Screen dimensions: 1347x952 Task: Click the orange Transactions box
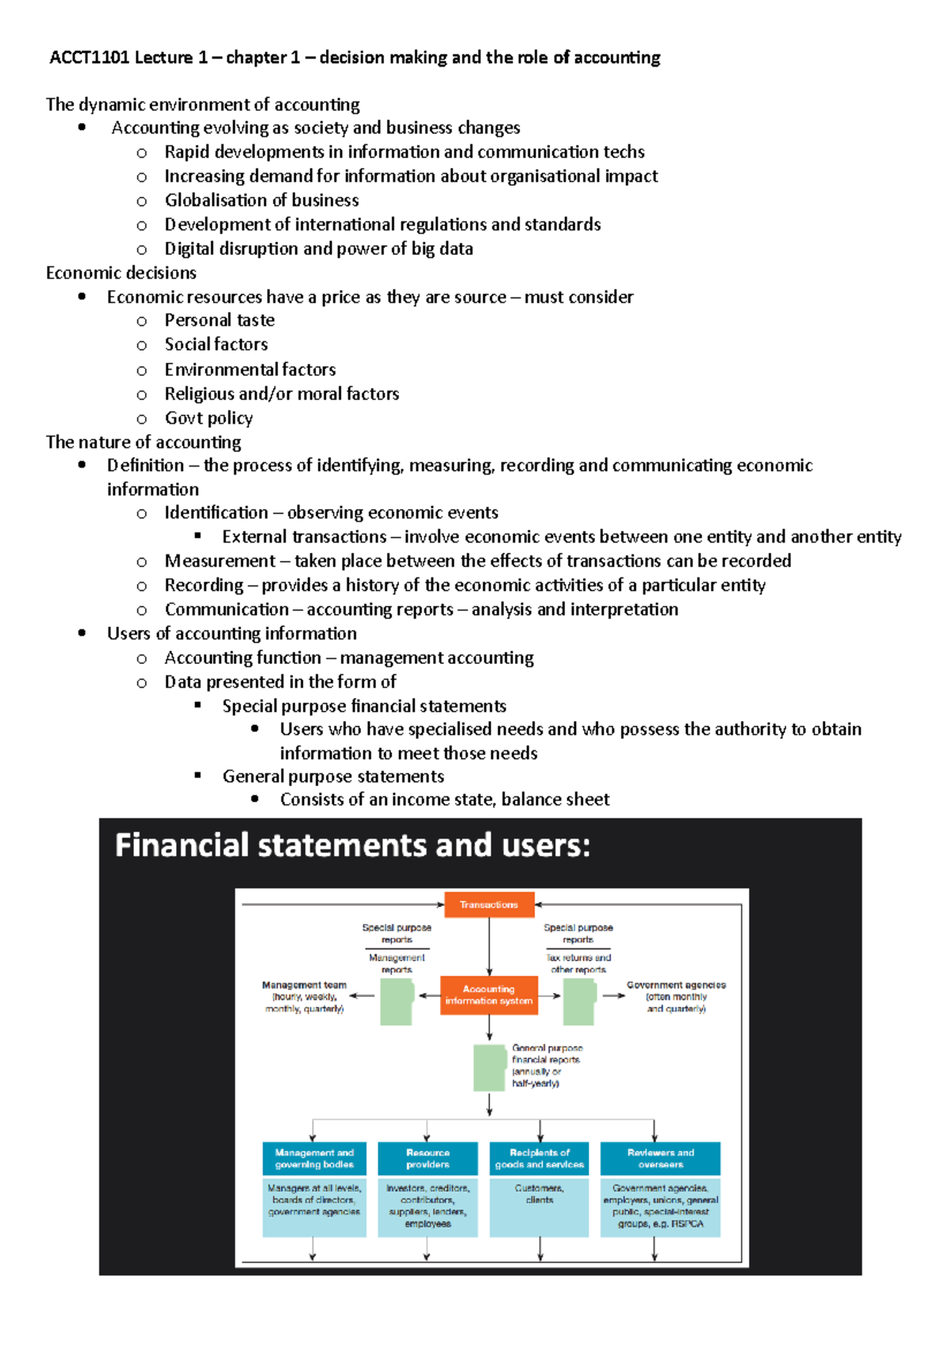[489, 904]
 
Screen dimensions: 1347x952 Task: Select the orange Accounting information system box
[489, 995]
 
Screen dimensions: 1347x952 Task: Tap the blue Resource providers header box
[428, 1158]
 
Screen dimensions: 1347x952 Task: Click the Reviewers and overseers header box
[660, 1158]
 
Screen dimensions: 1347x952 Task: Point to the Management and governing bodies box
[314, 1158]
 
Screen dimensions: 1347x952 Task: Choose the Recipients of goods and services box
[539, 1158]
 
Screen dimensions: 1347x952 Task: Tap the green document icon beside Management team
[397, 1002]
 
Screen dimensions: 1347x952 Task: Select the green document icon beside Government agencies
[579, 1002]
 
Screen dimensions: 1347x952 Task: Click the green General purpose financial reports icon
[489, 1068]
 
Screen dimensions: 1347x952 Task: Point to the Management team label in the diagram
[305, 984]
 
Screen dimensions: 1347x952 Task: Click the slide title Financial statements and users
[353, 846]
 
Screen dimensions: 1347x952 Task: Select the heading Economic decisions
[121, 273]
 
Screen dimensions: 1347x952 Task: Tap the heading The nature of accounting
[144, 442]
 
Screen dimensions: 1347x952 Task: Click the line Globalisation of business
[262, 200]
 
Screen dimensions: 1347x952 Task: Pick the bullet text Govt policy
[209, 418]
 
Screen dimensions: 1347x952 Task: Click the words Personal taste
[220, 320]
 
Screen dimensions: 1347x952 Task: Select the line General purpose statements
[333, 777]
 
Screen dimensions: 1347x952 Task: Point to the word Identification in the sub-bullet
[216, 512]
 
